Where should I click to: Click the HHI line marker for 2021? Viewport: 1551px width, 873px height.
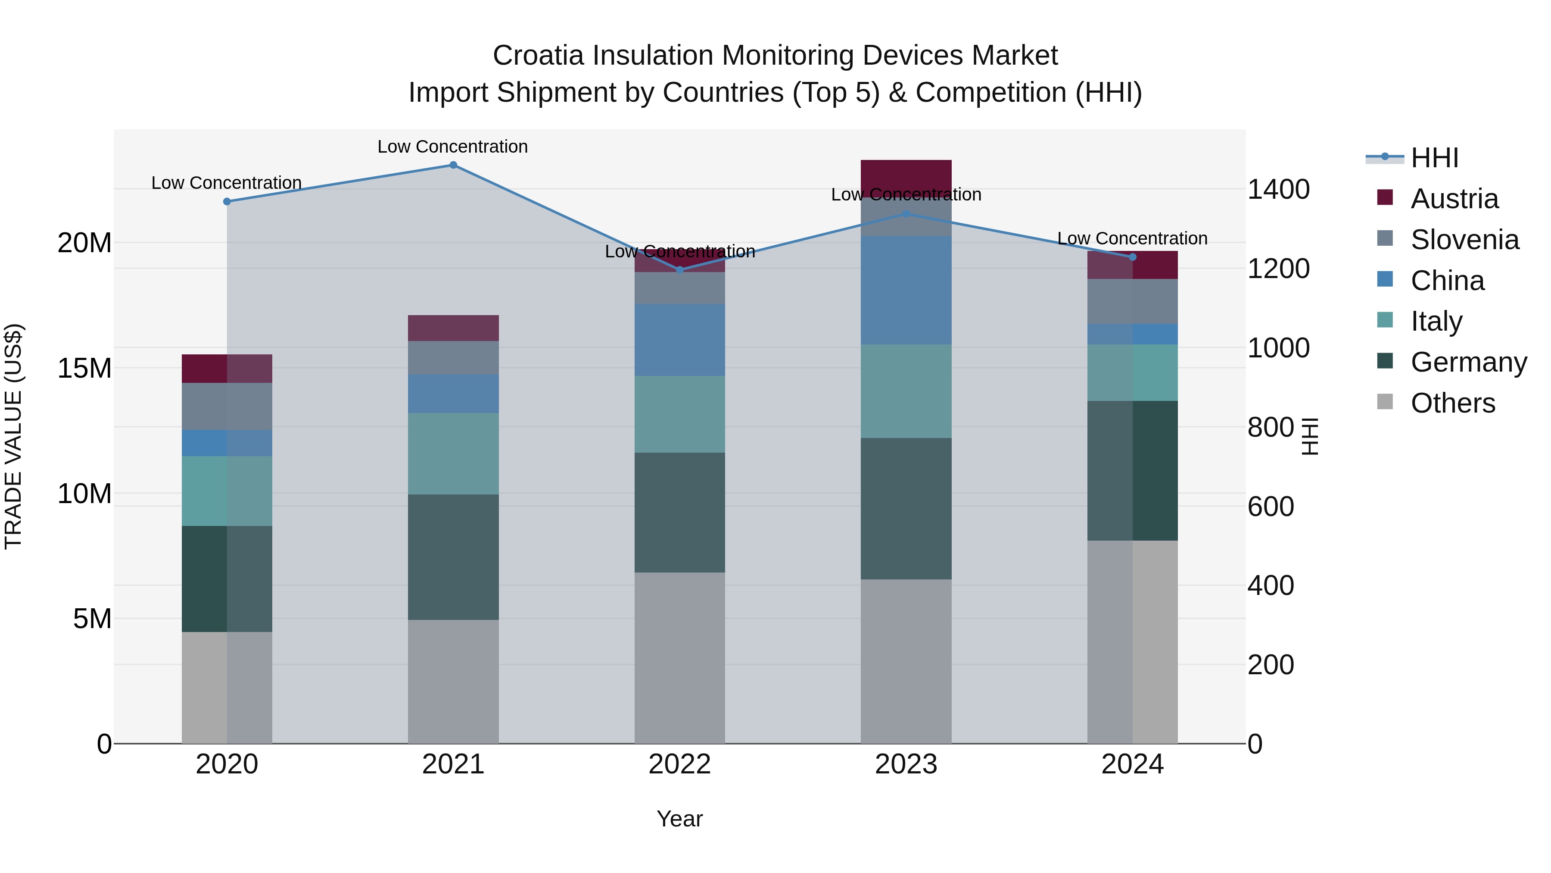453,165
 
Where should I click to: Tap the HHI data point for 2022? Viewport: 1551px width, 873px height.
680,270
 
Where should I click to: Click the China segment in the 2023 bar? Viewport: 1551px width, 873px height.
906,290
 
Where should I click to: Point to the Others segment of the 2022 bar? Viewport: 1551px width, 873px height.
680,657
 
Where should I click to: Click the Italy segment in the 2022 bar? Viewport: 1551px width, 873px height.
680,414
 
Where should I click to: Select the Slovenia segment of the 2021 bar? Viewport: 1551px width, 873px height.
453,357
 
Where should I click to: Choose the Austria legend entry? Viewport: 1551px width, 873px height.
1454,199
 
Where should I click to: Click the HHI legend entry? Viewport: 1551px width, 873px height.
1434,158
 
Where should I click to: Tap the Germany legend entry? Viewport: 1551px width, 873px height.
1468,362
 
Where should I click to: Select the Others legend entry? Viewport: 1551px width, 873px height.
1452,403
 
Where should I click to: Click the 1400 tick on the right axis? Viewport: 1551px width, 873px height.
1278,189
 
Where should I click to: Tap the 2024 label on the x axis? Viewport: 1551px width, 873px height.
1132,764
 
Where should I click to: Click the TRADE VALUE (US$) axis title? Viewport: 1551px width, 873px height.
13,436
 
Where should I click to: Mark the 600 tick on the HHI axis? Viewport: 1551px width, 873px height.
1271,507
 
